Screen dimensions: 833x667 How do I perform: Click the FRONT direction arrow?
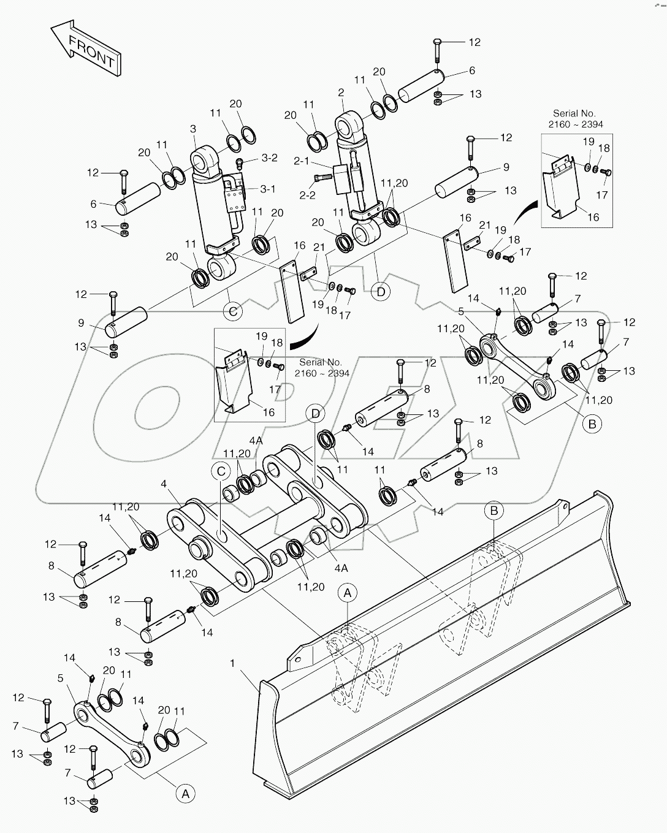pos(86,49)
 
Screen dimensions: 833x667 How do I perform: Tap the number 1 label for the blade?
pos(232,663)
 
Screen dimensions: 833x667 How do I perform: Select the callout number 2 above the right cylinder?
pos(341,93)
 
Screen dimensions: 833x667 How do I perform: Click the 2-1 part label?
pos(302,161)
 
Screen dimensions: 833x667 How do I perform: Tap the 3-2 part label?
pos(269,158)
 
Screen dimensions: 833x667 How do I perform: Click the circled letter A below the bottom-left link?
pos(183,793)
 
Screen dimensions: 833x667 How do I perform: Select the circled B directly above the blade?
pos(494,510)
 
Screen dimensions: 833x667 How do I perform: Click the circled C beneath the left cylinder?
pos(233,311)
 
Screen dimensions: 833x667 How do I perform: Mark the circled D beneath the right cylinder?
pos(381,292)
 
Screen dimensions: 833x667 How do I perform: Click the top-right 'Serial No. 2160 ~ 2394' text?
pos(574,119)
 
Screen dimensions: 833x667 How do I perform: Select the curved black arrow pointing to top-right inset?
pos(525,215)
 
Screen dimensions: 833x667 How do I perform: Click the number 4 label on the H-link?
pos(164,484)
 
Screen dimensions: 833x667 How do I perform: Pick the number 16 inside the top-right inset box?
pos(593,217)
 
